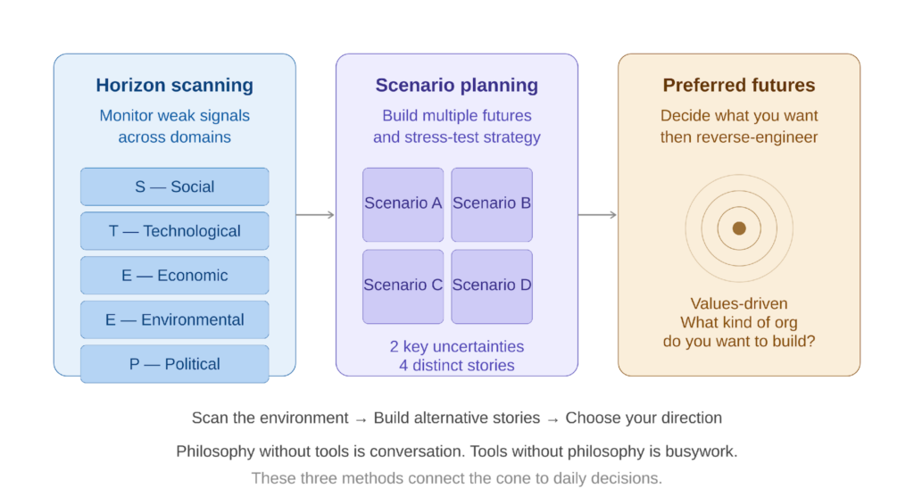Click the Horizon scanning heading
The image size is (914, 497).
pyautogui.click(x=175, y=87)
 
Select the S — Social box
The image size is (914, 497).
pyautogui.click(x=175, y=186)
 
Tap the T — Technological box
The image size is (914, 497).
pyautogui.click(x=175, y=231)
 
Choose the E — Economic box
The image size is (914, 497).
pyautogui.click(x=175, y=276)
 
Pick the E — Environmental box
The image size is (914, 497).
pyautogui.click(x=175, y=319)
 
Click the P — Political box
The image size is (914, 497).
pyautogui.click(x=175, y=364)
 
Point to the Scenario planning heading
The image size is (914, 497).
pyautogui.click(x=456, y=86)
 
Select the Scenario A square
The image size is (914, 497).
pyautogui.click(x=403, y=203)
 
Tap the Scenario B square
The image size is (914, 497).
pyautogui.click(x=492, y=203)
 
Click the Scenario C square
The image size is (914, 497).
pyautogui.click(x=403, y=286)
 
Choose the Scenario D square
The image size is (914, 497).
pyautogui.click(x=492, y=286)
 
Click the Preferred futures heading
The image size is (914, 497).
pyautogui.click(x=738, y=86)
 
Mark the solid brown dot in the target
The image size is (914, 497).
pyautogui.click(x=739, y=228)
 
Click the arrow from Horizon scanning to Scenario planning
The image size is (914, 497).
pyautogui.click(x=316, y=215)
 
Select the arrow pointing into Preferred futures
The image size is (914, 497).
pyautogui.click(x=598, y=215)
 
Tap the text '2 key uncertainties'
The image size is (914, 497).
pyautogui.click(x=456, y=346)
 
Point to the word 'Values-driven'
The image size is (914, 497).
pyautogui.click(x=739, y=303)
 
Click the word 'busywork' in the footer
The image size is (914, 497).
pyautogui.click(x=702, y=451)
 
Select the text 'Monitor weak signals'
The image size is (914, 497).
pyautogui.click(x=175, y=116)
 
